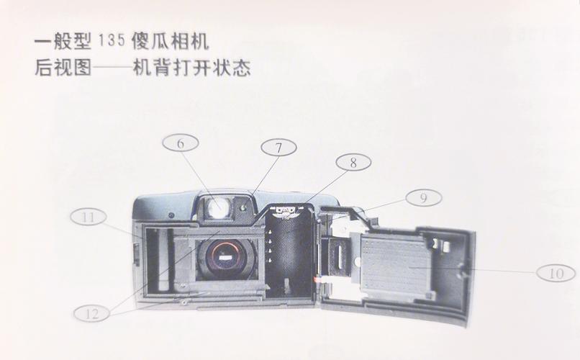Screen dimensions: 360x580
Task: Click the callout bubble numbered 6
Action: (x=181, y=143)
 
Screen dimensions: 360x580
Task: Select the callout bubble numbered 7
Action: (x=278, y=148)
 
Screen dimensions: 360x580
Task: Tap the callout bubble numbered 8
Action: (x=353, y=163)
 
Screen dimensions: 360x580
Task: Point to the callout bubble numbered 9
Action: (x=424, y=197)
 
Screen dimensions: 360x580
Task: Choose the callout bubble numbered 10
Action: (x=556, y=273)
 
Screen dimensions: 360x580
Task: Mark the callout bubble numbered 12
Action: (x=92, y=312)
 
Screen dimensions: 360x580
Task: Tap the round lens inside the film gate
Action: (x=226, y=258)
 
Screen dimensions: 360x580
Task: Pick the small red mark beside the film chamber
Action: (x=317, y=277)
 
